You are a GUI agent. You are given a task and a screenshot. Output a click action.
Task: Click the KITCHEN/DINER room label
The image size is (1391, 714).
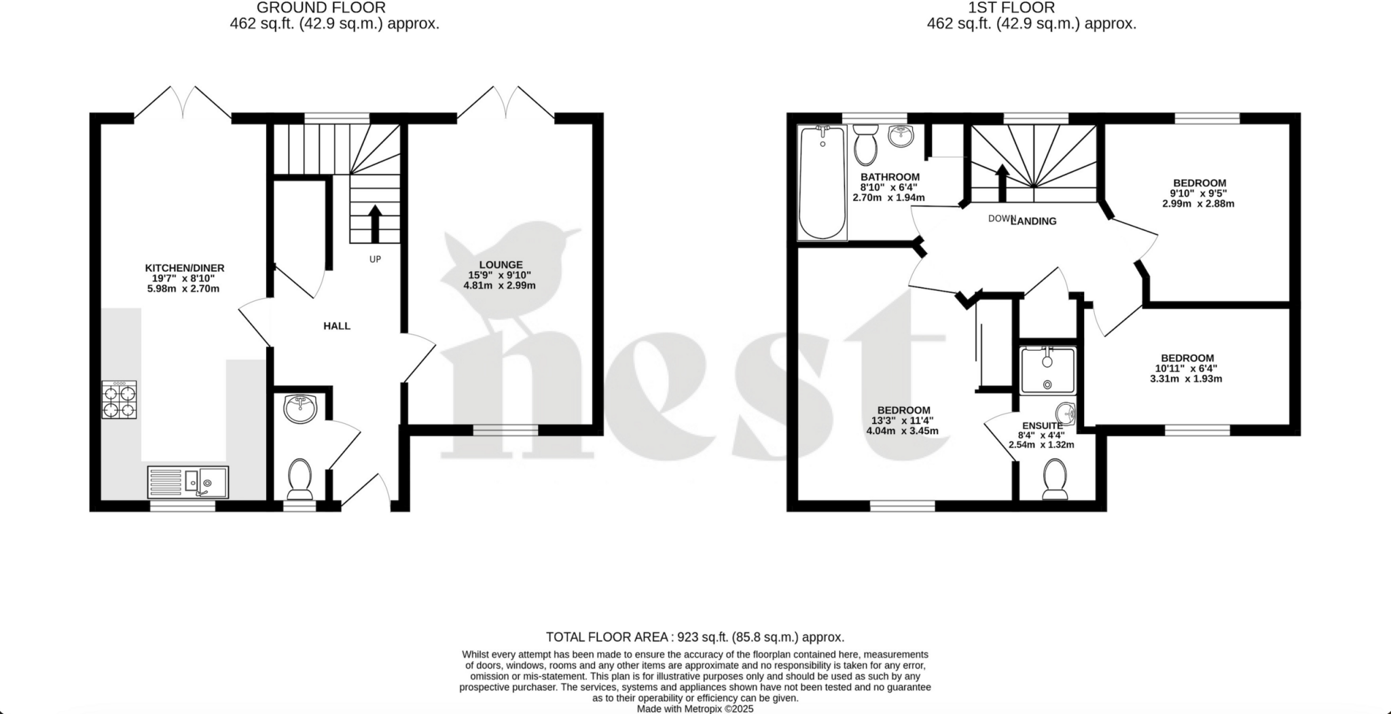(x=184, y=268)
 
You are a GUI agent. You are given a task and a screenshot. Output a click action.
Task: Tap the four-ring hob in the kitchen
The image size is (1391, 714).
(x=119, y=400)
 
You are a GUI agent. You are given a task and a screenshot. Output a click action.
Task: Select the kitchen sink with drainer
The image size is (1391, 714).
(x=188, y=482)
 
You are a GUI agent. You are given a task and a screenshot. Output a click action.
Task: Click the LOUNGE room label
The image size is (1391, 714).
(x=501, y=265)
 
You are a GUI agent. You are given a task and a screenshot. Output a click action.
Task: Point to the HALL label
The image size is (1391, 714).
(x=337, y=326)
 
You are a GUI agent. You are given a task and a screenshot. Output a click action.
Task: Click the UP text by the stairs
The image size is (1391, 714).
(x=375, y=259)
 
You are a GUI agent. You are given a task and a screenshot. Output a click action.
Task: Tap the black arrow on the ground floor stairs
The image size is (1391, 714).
(x=374, y=223)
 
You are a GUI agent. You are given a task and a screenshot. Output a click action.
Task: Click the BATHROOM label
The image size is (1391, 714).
(x=890, y=177)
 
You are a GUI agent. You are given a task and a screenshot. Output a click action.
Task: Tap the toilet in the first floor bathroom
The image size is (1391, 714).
(x=865, y=145)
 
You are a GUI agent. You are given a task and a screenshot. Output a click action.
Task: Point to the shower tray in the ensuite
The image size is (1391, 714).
(x=1047, y=370)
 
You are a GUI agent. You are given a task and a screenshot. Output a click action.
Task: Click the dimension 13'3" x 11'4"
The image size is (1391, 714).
(x=903, y=421)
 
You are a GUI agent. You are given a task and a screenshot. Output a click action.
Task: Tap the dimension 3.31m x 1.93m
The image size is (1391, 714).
(x=1186, y=379)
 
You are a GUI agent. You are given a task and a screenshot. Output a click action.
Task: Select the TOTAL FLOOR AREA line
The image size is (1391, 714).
(x=695, y=637)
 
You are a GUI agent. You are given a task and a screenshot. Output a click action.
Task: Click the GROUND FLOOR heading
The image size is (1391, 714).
(x=321, y=8)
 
